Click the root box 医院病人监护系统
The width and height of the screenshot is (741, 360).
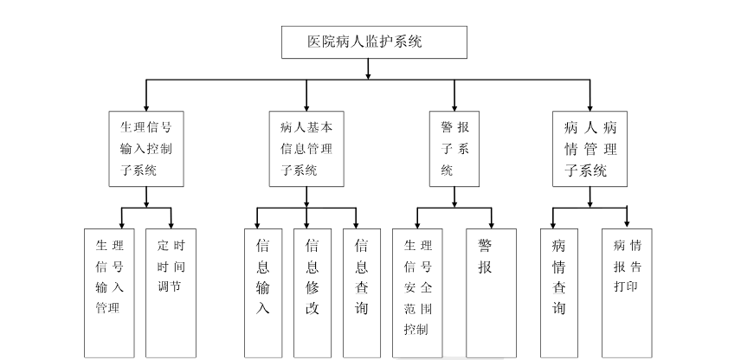pyautogui.click(x=375, y=42)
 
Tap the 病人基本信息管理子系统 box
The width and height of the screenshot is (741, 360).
pyautogui.click(x=306, y=148)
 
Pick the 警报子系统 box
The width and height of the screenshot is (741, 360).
pyautogui.click(x=454, y=148)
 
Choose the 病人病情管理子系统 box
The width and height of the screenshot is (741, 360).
pyautogui.click(x=590, y=148)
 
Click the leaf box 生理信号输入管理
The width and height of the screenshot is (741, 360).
pyautogui.click(x=109, y=292)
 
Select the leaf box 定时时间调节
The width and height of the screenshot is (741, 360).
pyautogui.click(x=170, y=292)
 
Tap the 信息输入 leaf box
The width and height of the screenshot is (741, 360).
pyautogui.click(x=263, y=292)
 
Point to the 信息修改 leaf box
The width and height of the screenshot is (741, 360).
pyautogui.click(x=312, y=292)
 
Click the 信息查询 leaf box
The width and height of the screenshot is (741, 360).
pyautogui.click(x=361, y=292)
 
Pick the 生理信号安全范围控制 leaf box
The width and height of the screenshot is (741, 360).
pyautogui.click(x=417, y=292)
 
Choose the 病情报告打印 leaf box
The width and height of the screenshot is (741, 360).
pyautogui.click(x=627, y=292)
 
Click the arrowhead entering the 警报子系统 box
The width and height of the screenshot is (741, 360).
pyautogui.click(x=454, y=106)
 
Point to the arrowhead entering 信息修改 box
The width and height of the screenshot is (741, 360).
pyautogui.click(x=306, y=223)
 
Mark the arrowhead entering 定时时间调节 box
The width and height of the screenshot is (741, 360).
pyautogui.click(x=171, y=223)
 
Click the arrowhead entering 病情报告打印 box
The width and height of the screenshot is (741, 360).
pyautogui.click(x=627, y=223)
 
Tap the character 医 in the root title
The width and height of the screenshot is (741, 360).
pyautogui.click(x=315, y=41)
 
